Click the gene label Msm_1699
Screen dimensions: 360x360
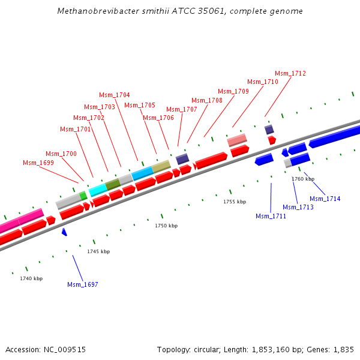(38, 163)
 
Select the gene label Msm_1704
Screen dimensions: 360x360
(115, 95)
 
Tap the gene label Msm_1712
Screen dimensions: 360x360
(290, 73)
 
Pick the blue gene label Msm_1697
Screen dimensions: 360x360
(83, 284)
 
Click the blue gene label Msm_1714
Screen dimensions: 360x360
(325, 199)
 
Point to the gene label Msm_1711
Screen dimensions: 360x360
(271, 216)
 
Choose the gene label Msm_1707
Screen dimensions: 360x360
(182, 109)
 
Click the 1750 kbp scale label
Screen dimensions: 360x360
(166, 226)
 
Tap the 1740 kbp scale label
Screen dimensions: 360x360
(31, 278)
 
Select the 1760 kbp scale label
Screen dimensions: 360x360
(303, 179)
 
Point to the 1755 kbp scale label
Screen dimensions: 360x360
(235, 202)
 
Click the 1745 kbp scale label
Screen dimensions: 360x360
(98, 251)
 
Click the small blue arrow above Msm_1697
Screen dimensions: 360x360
(64, 232)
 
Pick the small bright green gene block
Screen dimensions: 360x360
(83, 195)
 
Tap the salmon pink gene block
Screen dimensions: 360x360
(237, 140)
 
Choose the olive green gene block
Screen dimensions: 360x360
(113, 184)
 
